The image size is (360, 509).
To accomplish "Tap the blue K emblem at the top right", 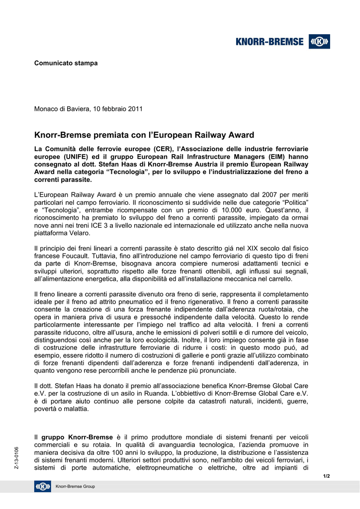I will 319,42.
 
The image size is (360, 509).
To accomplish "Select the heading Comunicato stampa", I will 66,63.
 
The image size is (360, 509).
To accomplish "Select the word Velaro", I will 79,233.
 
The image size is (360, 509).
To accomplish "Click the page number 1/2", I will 327,476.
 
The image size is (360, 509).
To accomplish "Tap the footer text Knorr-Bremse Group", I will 75,486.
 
